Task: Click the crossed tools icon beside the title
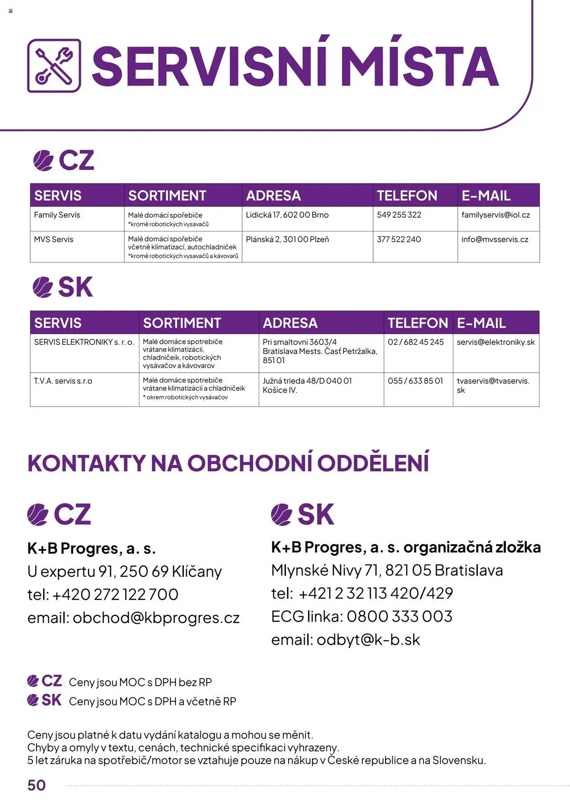click(x=54, y=66)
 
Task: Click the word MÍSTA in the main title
click(x=421, y=66)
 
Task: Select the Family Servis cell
click(x=57, y=215)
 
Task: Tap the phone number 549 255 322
click(x=399, y=215)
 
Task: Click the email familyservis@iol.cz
click(x=496, y=215)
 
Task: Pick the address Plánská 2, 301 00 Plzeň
click(x=287, y=240)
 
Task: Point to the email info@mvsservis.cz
click(x=495, y=240)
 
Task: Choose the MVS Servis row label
click(x=53, y=240)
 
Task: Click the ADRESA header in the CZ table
click(x=273, y=195)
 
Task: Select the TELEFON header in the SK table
click(x=418, y=323)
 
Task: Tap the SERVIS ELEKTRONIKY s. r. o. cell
click(x=84, y=342)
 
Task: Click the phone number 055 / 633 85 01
click(x=415, y=381)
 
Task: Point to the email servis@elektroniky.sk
click(x=496, y=342)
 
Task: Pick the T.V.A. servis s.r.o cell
click(x=63, y=381)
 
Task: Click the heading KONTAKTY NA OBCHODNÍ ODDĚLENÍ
click(x=228, y=463)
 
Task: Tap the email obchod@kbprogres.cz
click(x=156, y=618)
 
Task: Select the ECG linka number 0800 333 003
click(x=399, y=617)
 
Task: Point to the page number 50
click(x=37, y=785)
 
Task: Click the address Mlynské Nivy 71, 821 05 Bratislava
click(x=387, y=570)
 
